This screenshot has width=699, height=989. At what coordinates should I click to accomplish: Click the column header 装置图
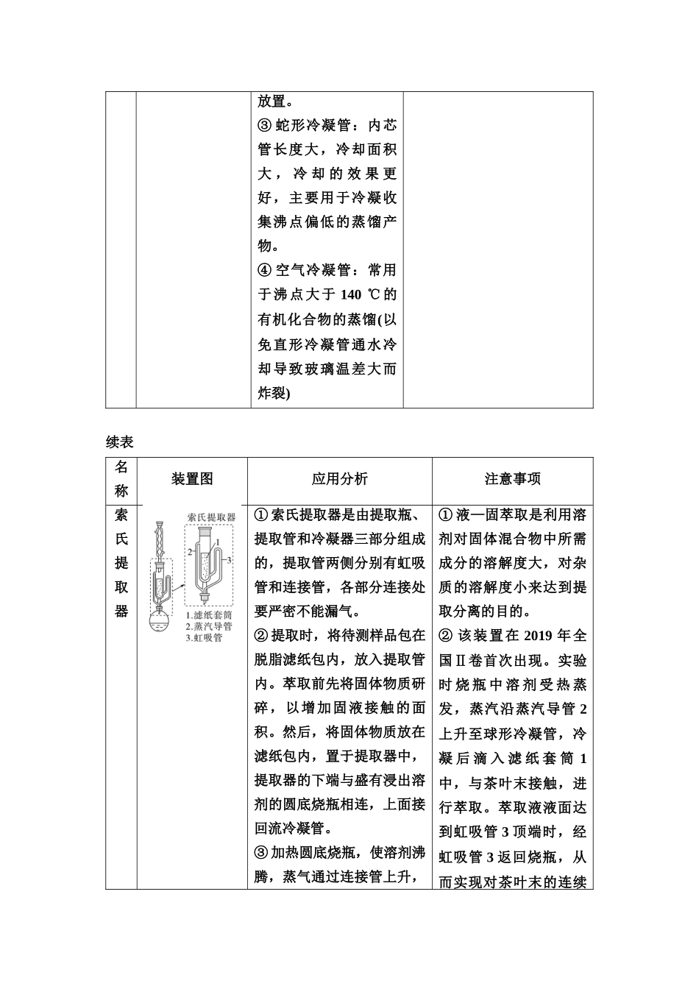click(x=192, y=479)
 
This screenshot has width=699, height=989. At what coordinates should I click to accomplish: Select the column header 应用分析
click(x=339, y=479)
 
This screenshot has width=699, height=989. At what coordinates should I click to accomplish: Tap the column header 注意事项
click(x=512, y=479)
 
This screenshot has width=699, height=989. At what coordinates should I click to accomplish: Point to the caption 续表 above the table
click(x=119, y=442)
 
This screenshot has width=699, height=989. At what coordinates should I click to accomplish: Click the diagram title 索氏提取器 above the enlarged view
click(x=211, y=517)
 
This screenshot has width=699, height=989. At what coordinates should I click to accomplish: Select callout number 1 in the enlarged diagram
click(x=218, y=542)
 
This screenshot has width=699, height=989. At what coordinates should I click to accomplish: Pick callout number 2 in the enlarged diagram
click(x=189, y=551)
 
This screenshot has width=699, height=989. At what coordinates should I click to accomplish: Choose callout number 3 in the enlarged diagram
click(x=230, y=560)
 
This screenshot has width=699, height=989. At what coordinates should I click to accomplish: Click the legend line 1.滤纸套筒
click(x=209, y=615)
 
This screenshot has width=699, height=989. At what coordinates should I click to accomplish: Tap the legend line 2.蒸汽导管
click(x=209, y=626)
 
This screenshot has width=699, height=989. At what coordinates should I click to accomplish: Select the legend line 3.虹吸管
click(x=204, y=637)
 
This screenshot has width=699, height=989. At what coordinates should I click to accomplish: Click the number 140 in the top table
click(x=351, y=295)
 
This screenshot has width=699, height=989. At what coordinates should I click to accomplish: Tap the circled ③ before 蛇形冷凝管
click(x=265, y=126)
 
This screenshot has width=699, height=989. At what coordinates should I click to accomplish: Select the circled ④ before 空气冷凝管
click(x=265, y=271)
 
